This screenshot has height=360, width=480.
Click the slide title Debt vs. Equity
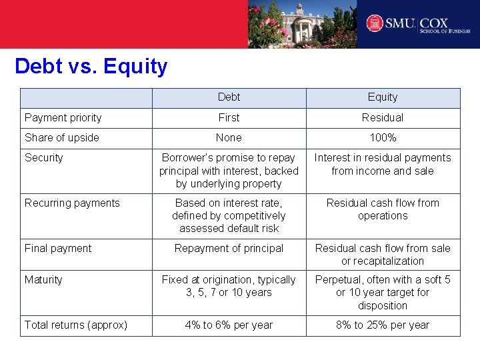click(x=91, y=67)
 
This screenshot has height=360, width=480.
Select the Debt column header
click(x=229, y=97)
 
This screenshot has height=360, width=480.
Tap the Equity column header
click(x=383, y=97)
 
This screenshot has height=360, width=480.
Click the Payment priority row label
click(x=63, y=118)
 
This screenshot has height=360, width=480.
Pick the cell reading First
click(x=229, y=118)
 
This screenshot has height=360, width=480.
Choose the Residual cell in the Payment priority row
click(x=383, y=118)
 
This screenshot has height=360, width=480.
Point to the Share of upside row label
click(x=62, y=138)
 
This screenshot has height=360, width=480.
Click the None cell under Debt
click(x=229, y=138)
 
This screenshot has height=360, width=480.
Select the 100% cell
click(x=383, y=138)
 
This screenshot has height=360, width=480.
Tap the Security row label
click(x=44, y=158)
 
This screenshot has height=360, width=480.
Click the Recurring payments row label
click(x=72, y=203)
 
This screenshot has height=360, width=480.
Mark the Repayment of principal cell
click(x=229, y=249)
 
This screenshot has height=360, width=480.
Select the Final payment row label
click(x=58, y=249)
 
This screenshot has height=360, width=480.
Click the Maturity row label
click(x=43, y=280)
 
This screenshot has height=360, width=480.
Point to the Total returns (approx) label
click(x=76, y=325)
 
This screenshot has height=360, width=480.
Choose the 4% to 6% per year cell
click(x=229, y=325)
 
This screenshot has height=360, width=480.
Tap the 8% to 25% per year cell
click(x=383, y=325)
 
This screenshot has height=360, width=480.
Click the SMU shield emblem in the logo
click(x=375, y=24)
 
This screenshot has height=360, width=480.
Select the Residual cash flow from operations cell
click(x=383, y=209)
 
